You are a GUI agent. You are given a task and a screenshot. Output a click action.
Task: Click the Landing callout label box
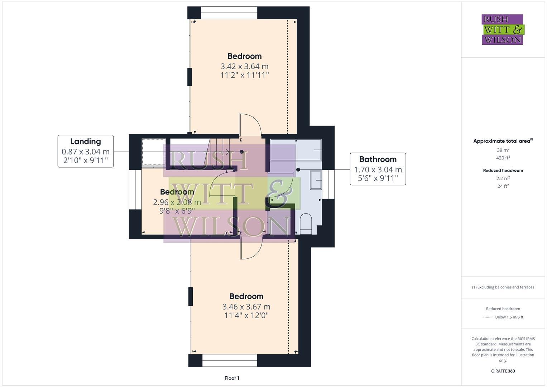(x=86, y=151)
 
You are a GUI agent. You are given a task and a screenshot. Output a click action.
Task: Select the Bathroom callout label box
(x=378, y=169)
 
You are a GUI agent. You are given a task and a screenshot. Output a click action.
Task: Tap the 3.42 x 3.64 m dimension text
(x=244, y=66)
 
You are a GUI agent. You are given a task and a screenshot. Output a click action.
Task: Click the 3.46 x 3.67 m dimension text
(x=246, y=307)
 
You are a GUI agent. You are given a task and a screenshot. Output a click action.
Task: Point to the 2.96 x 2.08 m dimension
(x=177, y=202)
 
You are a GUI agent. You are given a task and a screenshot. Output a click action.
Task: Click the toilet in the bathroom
(x=306, y=224)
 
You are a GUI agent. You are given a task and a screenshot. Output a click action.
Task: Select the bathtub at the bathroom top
(x=296, y=149)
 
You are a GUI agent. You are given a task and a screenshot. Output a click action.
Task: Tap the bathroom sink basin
(x=316, y=180)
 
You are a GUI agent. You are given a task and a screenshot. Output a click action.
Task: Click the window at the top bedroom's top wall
(x=229, y=13)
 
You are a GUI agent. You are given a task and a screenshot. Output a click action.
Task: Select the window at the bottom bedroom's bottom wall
(x=230, y=360)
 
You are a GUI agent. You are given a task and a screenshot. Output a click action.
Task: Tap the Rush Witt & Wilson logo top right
(x=502, y=30)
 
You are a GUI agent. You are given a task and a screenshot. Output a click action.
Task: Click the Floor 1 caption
(x=232, y=378)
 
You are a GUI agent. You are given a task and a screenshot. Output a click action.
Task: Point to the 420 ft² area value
(x=503, y=158)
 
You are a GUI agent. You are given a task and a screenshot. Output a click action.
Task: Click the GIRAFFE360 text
(x=503, y=371)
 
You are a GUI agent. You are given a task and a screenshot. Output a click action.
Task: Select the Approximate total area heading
(x=503, y=141)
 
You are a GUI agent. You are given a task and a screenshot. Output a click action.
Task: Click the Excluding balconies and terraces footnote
(x=503, y=287)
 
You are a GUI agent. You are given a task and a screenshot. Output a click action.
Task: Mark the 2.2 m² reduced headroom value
(x=503, y=178)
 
